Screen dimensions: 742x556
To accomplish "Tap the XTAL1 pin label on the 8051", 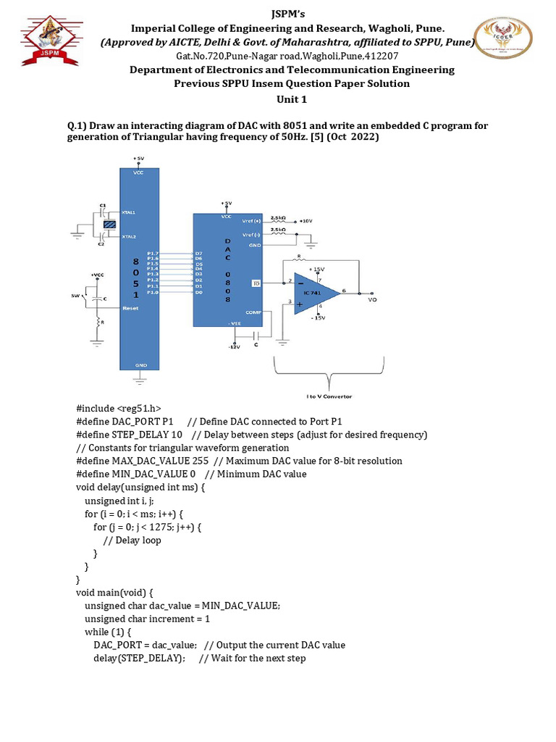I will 130,212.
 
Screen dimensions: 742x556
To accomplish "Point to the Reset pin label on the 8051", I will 131,307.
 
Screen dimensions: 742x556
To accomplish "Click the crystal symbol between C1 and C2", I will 109,225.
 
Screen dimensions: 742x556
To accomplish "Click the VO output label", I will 372,299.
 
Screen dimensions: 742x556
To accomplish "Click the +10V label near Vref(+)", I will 305,220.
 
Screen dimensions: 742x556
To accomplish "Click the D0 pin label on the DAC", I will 198,292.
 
